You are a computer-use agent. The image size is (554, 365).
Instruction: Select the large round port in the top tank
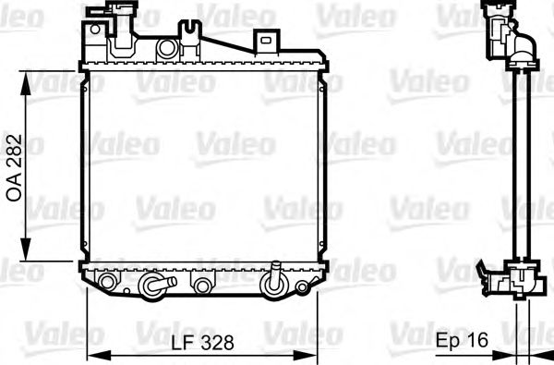pos(167,48)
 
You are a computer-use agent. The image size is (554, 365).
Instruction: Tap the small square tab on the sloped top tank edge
pos(266,41)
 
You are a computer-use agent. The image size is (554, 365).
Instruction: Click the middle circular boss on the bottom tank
pos(201,282)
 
